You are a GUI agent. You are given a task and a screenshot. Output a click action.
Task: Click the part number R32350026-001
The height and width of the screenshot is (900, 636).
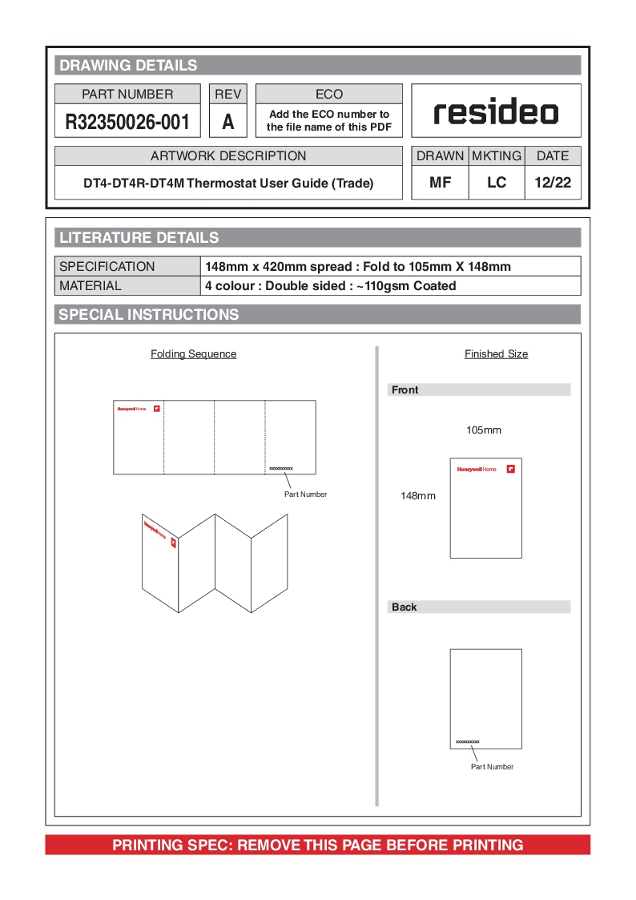[128, 122]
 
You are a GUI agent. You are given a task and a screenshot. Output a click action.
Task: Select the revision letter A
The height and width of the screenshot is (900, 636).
[228, 122]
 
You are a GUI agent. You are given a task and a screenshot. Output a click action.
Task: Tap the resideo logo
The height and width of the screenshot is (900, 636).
[496, 112]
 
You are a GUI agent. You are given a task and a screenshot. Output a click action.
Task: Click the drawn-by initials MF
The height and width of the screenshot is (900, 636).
[440, 183]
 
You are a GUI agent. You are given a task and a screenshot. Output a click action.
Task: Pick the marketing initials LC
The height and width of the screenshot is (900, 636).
[497, 183]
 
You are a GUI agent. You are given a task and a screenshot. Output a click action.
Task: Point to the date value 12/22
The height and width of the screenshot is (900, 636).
[553, 183]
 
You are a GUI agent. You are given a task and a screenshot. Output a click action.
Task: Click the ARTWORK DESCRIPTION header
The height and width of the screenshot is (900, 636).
[228, 156]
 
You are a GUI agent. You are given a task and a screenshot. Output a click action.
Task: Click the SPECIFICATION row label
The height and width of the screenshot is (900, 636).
[107, 267]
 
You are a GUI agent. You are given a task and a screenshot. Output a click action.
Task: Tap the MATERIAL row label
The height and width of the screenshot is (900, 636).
[91, 286]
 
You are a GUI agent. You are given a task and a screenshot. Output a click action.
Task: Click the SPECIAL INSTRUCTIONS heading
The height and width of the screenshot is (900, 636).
[149, 315]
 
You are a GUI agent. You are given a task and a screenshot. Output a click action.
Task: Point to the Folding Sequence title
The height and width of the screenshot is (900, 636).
[193, 354]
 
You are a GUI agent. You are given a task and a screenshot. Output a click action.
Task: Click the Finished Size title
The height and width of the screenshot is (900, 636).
[496, 354]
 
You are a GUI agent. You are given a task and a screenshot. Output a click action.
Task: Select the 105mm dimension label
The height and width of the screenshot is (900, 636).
[484, 430]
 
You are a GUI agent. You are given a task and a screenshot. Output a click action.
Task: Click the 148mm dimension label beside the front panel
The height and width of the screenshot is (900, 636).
[418, 496]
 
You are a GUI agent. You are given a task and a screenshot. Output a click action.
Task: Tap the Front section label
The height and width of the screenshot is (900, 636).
[405, 390]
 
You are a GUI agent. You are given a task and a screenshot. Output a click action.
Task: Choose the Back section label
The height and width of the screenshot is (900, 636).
[405, 607]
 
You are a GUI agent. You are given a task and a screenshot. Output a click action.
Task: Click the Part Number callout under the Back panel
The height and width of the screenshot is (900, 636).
[492, 767]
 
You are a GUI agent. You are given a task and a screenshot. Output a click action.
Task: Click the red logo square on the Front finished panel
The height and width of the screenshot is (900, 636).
[510, 469]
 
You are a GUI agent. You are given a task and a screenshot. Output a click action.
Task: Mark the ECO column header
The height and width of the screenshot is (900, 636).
[328, 95]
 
